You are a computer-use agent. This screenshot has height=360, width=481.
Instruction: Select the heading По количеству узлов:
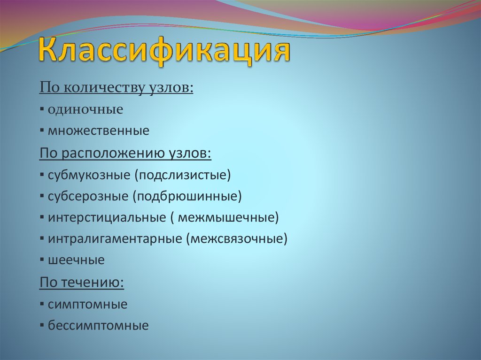click(116, 88)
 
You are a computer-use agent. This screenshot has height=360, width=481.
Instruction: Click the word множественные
click(99, 131)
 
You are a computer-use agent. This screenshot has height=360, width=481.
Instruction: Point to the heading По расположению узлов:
click(125, 153)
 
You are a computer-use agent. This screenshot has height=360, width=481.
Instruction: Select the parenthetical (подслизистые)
click(183, 175)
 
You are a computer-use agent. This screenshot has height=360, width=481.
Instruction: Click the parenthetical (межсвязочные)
click(236, 239)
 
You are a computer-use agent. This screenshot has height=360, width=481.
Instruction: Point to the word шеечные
click(76, 260)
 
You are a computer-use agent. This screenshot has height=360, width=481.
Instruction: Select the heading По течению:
click(82, 283)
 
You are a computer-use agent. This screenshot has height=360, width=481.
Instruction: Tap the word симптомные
click(87, 304)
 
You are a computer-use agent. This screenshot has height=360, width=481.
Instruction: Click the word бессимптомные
click(98, 326)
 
